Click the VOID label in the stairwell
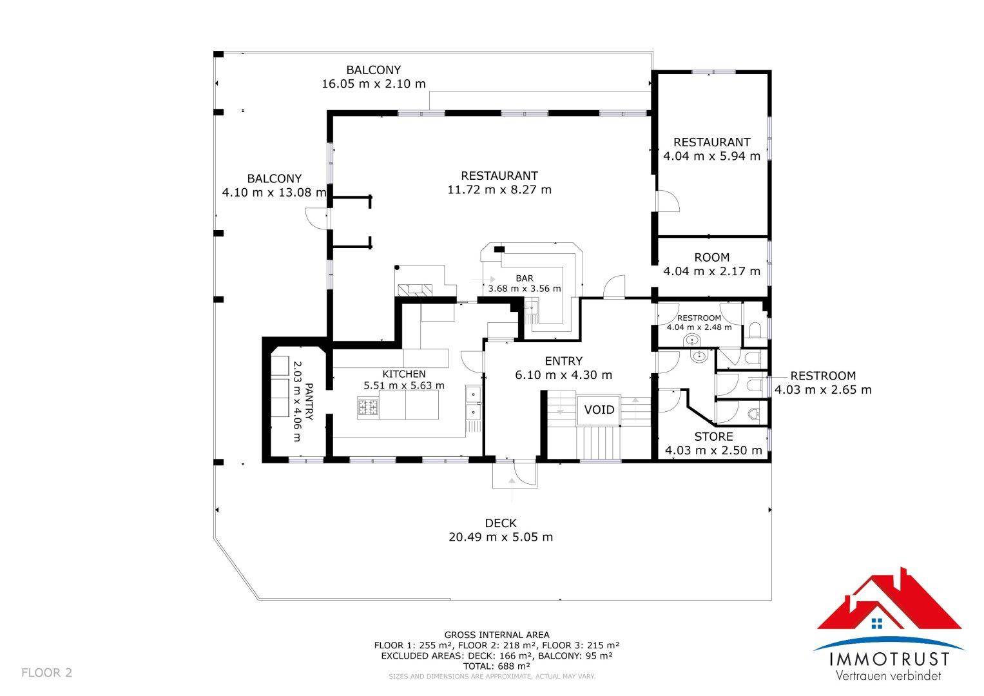tap(599, 410)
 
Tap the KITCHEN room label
tap(403, 374)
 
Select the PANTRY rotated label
tap(309, 401)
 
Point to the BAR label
tap(525, 278)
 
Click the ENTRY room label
tap(564, 361)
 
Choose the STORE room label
tap(713, 436)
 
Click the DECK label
tap(501, 523)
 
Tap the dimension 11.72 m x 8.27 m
tap(499, 189)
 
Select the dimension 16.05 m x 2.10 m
tap(373, 84)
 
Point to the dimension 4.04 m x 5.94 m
tap(711, 155)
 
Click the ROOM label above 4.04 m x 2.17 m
tap(711, 257)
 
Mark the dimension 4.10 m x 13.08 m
tap(274, 192)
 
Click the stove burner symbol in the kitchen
tap(368, 406)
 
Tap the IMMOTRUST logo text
tap(889, 659)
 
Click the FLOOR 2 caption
tap(46, 673)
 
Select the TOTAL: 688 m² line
tap(496, 666)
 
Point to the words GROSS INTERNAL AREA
tap(496, 635)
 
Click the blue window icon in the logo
tap(877, 623)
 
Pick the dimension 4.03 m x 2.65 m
tap(823, 389)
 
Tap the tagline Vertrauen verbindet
tap(888, 675)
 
